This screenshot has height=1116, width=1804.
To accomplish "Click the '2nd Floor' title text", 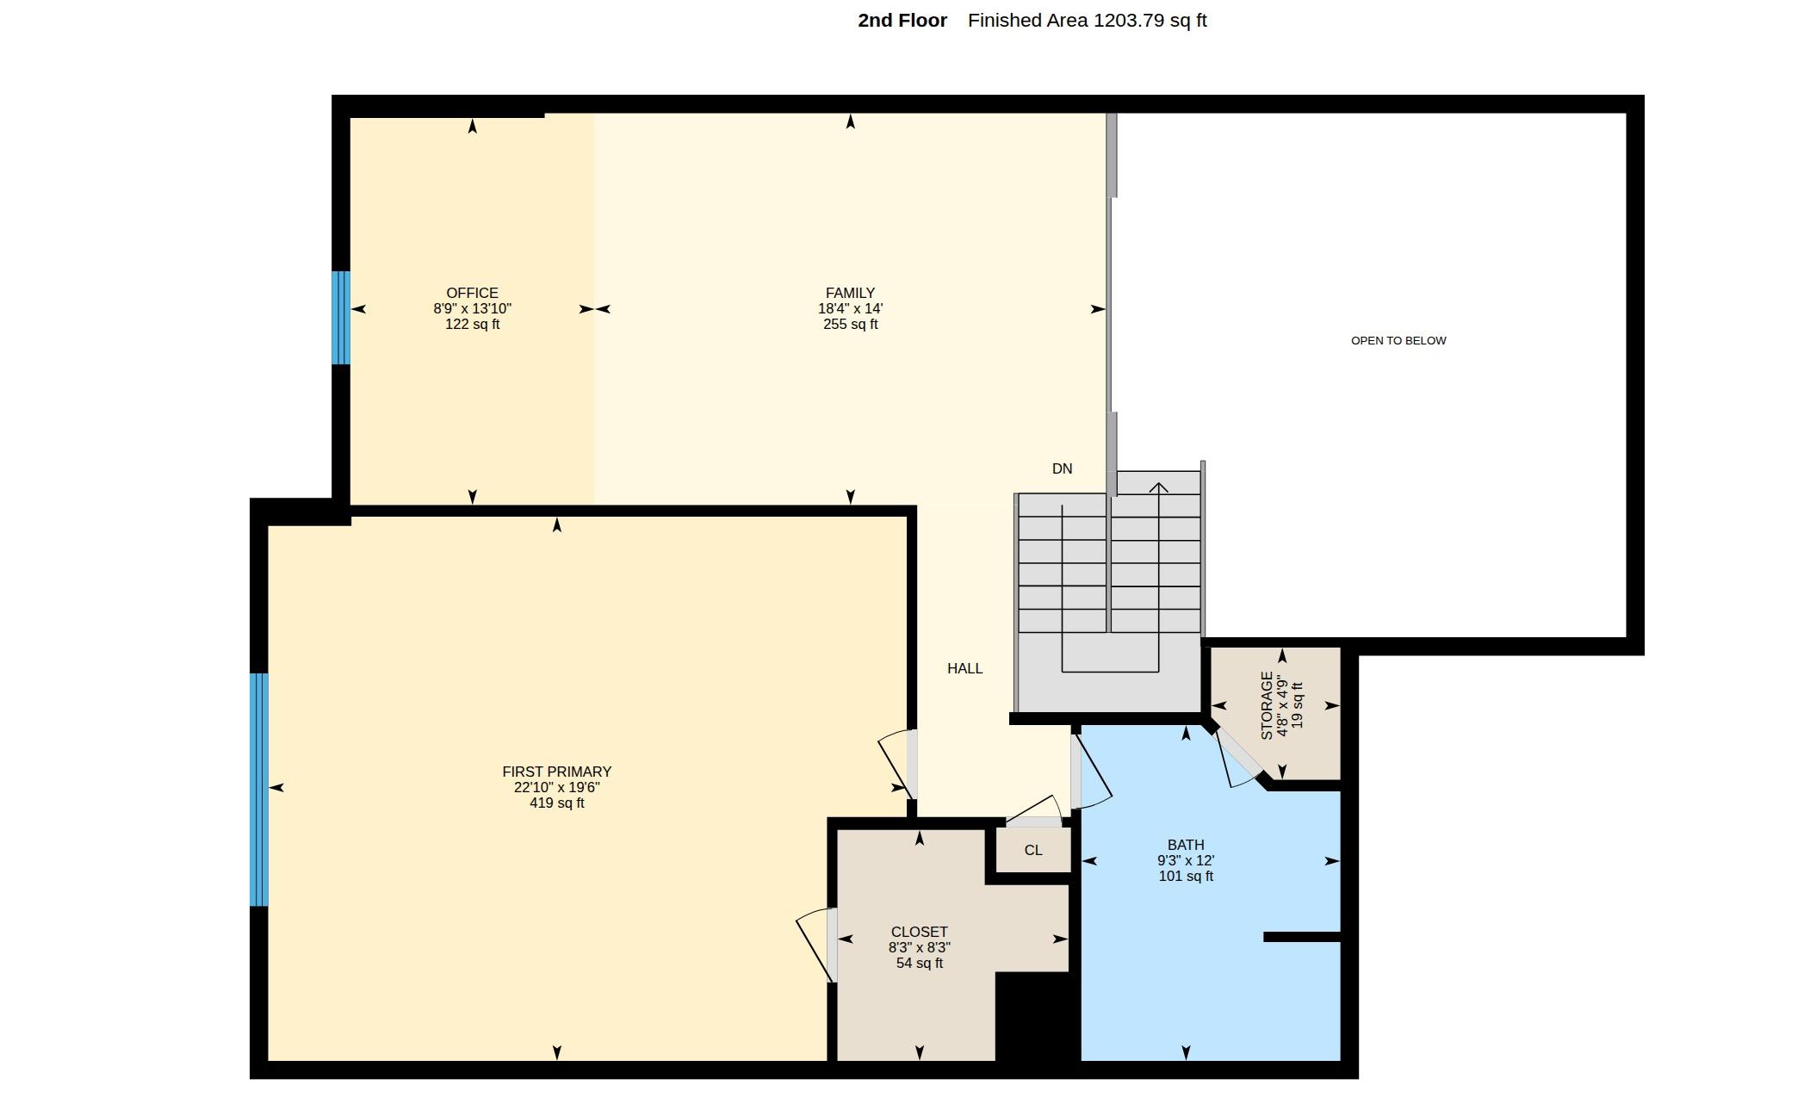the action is (902, 21).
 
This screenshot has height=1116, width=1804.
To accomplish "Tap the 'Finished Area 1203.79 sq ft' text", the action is (1087, 21).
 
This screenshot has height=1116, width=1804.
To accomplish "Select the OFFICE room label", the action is (472, 293).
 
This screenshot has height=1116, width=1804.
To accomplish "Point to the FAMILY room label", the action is (850, 293).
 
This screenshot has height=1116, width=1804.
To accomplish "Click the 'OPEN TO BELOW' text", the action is (1398, 340).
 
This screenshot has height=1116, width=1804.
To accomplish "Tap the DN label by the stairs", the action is (1062, 468).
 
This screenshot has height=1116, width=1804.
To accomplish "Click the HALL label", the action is (964, 668).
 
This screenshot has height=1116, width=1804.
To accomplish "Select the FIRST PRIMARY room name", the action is (556, 772).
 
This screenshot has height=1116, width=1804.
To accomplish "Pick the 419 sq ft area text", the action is (556, 803).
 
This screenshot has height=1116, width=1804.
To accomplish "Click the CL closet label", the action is (1033, 850).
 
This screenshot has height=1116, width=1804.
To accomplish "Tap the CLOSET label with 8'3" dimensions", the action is (919, 932).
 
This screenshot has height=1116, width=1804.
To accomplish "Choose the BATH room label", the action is (1186, 845).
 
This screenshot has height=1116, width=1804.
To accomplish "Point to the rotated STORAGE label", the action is (1267, 705).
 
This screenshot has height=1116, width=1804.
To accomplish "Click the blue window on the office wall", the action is (341, 318).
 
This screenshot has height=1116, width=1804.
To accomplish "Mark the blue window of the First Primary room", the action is (259, 790).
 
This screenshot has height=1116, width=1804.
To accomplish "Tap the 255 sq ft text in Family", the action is (850, 324).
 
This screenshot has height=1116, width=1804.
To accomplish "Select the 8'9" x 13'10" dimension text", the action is (472, 308).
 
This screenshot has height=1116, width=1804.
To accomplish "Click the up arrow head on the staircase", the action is (1158, 488).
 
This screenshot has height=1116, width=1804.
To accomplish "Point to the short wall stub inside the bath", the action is (1302, 937).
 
